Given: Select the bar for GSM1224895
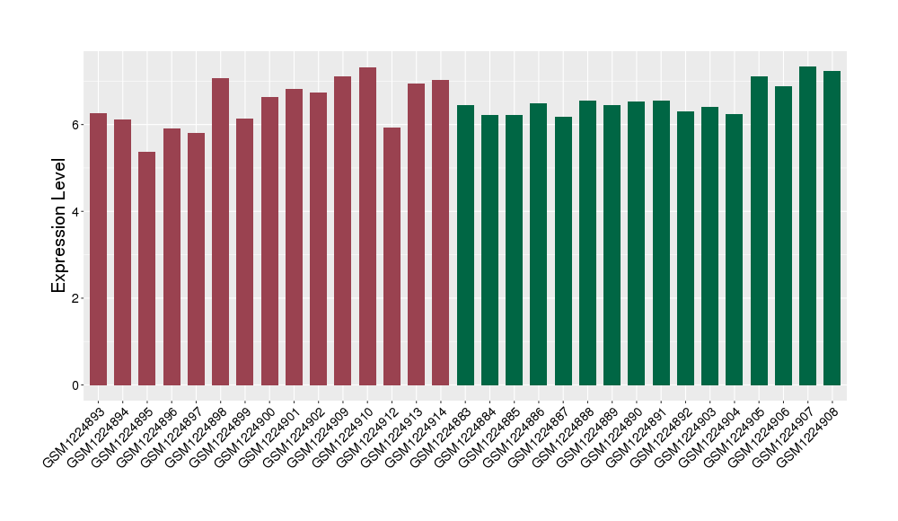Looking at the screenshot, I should [x=146, y=269].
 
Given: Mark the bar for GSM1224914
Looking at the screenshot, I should [x=440, y=233].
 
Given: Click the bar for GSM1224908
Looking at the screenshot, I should [x=832, y=228].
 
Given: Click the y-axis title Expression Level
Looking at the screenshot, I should [x=59, y=225].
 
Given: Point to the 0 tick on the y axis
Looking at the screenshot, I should [x=77, y=385].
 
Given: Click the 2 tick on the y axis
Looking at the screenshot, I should [x=77, y=298].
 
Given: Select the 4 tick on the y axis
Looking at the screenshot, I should [x=77, y=211].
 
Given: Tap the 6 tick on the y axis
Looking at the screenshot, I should [x=77, y=124].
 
